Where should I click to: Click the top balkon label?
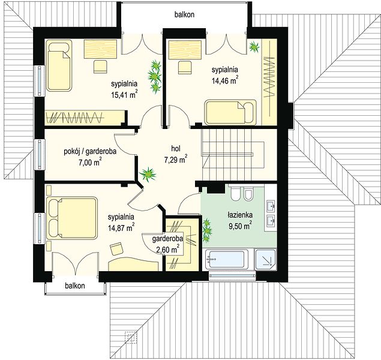pyautogui.click(x=184, y=14)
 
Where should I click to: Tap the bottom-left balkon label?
pyautogui.click(x=75, y=286)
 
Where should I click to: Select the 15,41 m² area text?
pyautogui.click(x=124, y=94)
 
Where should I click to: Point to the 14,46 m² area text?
pyautogui.click(x=225, y=80)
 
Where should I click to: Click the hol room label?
pyautogui.click(x=176, y=148)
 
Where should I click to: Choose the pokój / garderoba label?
pyautogui.click(x=90, y=151)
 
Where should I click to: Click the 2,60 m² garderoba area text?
pyautogui.click(x=168, y=250)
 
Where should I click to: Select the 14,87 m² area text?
pyautogui.click(x=121, y=228)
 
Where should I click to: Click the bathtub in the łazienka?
pyautogui.click(x=227, y=259)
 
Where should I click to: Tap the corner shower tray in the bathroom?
pyautogui.click(x=266, y=259)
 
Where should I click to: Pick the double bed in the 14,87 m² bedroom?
pyautogui.click(x=71, y=218)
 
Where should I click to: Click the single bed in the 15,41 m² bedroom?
pyautogui.click(x=59, y=65)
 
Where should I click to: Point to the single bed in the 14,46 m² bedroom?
pyautogui.click(x=230, y=112)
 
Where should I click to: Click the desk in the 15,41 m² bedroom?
pyautogui.click(x=100, y=49)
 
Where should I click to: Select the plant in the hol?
pyautogui.click(x=148, y=174)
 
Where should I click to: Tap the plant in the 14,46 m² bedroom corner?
pyautogui.click(x=254, y=46)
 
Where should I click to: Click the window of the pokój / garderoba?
pyautogui.click(x=40, y=154)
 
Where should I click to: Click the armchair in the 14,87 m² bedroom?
pyautogui.click(x=116, y=249)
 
